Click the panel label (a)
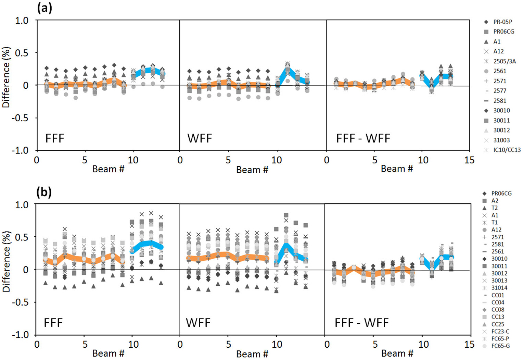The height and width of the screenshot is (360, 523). click(44, 8)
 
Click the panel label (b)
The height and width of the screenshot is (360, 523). click(44, 192)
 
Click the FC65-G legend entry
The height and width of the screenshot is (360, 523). click(500, 346)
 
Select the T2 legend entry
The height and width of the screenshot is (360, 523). click(495, 208)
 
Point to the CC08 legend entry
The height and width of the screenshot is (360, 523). click(497, 310)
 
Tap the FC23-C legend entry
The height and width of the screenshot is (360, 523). click(500, 331)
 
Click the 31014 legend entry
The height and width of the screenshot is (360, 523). click(499, 288)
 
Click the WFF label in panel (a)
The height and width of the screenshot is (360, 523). click(200, 138)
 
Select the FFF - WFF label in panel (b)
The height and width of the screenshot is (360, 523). click(361, 323)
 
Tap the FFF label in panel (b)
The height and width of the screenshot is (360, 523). click(53, 323)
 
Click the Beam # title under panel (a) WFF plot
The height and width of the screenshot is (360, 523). click(252, 170)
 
